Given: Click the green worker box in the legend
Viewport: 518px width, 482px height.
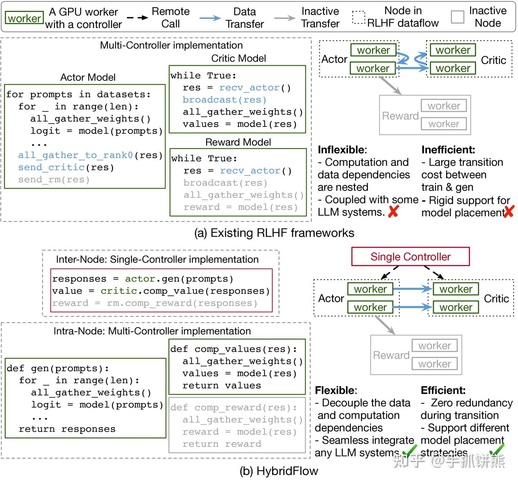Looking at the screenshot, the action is [x=24, y=18].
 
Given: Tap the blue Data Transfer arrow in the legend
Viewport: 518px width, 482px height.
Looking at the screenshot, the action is [x=210, y=18].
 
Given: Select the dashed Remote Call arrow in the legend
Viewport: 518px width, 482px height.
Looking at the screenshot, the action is [x=137, y=18].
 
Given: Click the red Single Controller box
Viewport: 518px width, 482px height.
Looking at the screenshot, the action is [x=410, y=257].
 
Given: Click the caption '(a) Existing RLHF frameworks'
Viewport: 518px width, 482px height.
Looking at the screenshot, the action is [x=274, y=233].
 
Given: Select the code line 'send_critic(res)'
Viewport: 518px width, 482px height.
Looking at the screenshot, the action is [x=66, y=167].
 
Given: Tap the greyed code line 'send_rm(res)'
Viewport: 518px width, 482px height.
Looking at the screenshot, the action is [x=54, y=180].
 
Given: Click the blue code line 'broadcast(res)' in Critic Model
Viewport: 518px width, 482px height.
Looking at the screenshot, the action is [x=224, y=100].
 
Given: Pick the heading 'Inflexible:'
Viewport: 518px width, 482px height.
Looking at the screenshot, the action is [x=342, y=150].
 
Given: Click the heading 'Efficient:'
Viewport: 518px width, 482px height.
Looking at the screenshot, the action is [x=443, y=390].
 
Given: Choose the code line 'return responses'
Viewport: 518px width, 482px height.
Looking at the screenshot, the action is [x=67, y=429].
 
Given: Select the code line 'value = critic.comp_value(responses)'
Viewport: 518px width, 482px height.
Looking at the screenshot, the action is [x=161, y=291].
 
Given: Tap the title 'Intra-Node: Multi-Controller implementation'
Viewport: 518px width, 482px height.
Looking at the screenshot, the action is [x=152, y=331].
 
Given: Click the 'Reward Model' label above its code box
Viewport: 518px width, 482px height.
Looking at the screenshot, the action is [x=238, y=142].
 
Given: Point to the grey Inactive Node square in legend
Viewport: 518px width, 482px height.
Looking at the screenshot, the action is [x=457, y=17].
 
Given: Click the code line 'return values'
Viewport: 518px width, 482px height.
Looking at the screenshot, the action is [x=222, y=386].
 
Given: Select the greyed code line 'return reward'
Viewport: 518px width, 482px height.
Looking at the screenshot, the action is [x=222, y=444].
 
